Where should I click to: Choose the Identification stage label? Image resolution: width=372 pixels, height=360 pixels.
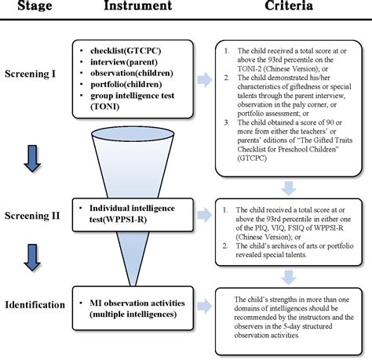click(x=37, y=304)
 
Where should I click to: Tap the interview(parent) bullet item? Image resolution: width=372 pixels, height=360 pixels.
click(x=129, y=61)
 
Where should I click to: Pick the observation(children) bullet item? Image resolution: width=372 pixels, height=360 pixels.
click(x=137, y=73)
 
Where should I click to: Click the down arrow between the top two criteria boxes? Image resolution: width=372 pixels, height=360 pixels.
click(x=288, y=187)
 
